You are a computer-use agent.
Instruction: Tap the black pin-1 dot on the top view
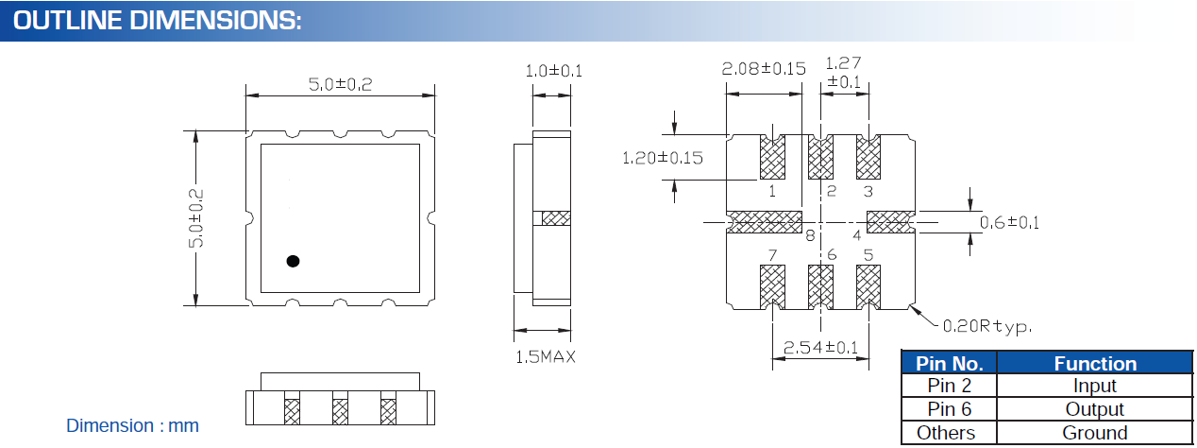pos(293,261)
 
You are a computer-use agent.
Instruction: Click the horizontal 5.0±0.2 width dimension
pos(340,84)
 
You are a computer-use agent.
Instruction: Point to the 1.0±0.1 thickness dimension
pos(553,71)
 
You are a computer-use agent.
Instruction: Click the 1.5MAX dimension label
pos(545,356)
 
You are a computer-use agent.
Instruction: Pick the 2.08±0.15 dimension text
pos(763,69)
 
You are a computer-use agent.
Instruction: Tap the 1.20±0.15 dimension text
pos(662,158)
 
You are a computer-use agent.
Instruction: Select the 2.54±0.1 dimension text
pos(815,349)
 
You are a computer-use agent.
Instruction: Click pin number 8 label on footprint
pos(809,236)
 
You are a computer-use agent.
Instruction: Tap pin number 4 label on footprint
pos(857,234)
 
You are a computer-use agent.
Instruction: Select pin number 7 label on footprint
pos(772,255)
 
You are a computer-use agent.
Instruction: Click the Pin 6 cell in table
pos(949,409)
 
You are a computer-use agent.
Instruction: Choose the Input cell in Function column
pos(1094,386)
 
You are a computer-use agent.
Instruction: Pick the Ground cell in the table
pos(1094,433)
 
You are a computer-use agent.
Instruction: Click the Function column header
pos(1094,363)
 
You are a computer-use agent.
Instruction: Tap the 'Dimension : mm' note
pos(132,425)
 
